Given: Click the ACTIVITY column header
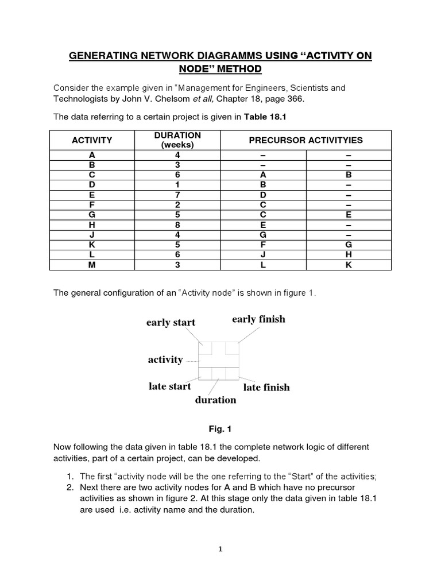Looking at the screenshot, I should (92, 140).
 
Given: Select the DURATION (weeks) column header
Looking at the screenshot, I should (177, 140).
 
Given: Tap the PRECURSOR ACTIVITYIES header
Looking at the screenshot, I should (305, 140).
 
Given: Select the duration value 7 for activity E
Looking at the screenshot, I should (177, 195).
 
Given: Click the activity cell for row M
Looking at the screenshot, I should (92, 264).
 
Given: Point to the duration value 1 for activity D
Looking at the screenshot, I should (177, 184).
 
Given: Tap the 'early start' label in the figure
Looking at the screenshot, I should (171, 323).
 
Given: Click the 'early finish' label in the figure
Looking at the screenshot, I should (258, 319).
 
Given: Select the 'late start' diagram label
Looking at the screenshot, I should (169, 386).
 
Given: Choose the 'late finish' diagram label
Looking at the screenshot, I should (266, 388).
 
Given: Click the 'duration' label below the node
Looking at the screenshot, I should (215, 400).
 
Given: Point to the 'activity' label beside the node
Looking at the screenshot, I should (165, 360).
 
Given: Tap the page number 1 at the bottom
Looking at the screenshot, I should (220, 549).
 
